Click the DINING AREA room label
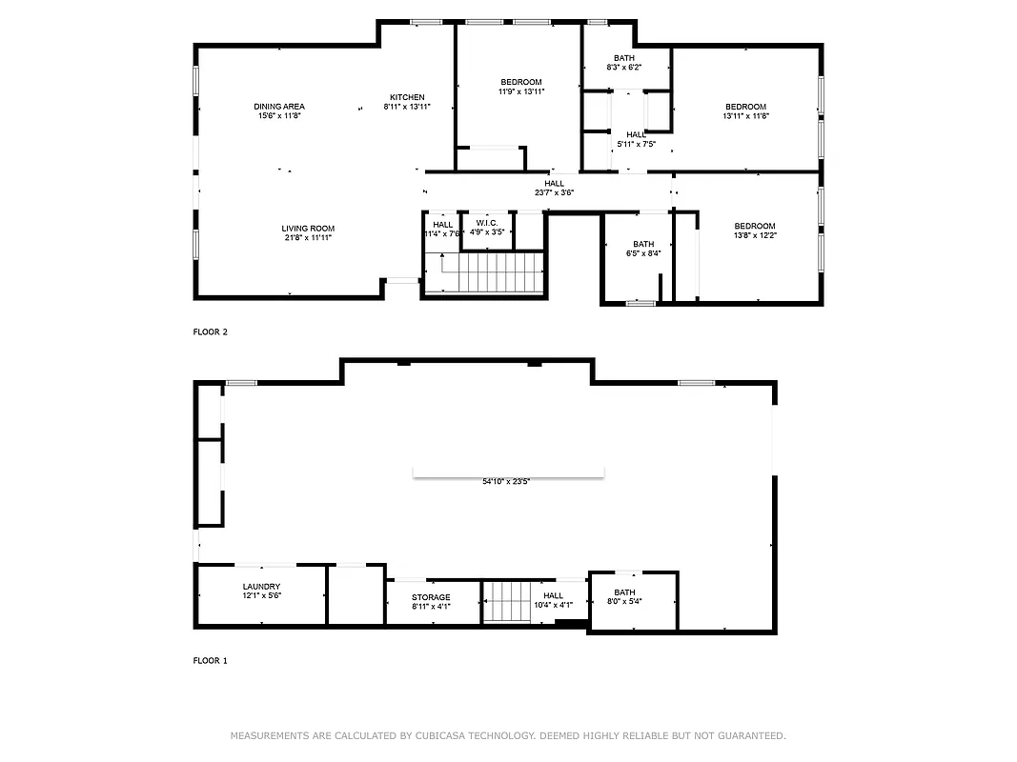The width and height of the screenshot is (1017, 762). click(x=279, y=107)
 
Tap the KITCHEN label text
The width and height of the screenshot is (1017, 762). click(x=407, y=97)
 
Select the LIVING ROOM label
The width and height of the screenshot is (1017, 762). click(x=308, y=229)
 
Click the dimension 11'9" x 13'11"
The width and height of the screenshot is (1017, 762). click(x=520, y=92)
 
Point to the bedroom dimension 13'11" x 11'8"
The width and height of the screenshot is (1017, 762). click(x=745, y=116)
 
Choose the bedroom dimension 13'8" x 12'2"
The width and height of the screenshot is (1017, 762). click(x=755, y=235)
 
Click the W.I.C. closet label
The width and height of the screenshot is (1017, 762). click(x=487, y=223)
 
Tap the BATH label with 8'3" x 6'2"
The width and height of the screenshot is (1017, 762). click(x=624, y=58)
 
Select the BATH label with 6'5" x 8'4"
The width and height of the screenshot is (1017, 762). click(x=643, y=244)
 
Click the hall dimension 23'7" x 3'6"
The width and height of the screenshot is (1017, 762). click(x=554, y=193)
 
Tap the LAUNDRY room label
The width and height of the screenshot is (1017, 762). click(x=261, y=587)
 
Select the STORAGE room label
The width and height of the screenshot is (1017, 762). click(x=431, y=597)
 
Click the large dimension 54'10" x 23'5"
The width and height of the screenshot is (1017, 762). click(x=506, y=482)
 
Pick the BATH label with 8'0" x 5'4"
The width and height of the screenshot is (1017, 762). click(x=624, y=592)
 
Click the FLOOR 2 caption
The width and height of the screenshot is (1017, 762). click(x=211, y=332)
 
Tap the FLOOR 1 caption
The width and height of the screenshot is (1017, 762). click(x=211, y=660)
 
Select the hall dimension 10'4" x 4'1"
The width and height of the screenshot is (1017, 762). click(x=553, y=605)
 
